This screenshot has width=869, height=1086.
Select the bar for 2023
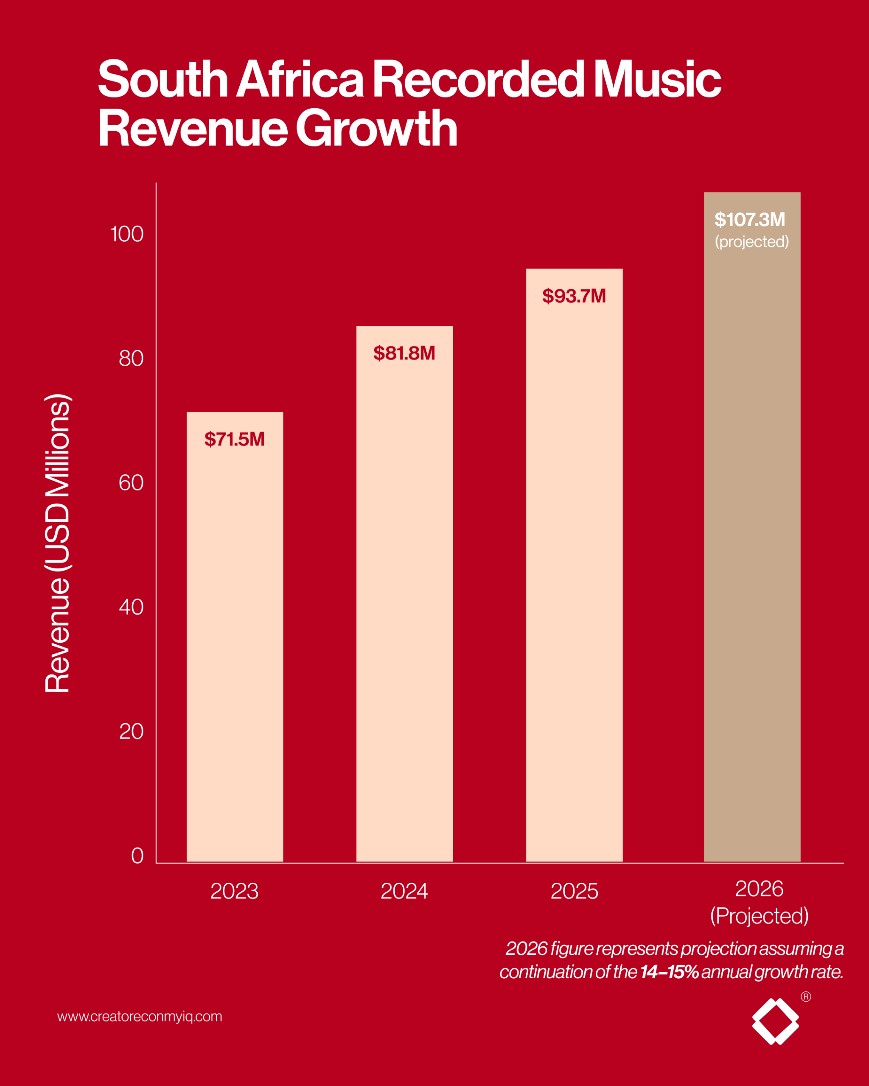[x=235, y=637]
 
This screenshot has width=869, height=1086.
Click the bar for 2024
[x=404, y=594]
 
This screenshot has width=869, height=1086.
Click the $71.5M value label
[x=234, y=439]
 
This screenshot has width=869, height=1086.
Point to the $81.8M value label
[x=404, y=353]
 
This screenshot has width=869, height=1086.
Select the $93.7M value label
[x=574, y=296]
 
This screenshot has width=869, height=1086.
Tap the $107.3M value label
[x=750, y=220]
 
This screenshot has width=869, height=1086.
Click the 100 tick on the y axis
[x=127, y=234]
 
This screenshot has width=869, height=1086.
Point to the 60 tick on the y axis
[x=131, y=483]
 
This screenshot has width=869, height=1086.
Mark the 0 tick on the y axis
[x=137, y=856]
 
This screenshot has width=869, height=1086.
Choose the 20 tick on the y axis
[x=131, y=731]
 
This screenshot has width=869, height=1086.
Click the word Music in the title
[x=657, y=80]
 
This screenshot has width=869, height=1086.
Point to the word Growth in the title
[x=376, y=129]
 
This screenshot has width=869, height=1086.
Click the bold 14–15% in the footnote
[x=670, y=971]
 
